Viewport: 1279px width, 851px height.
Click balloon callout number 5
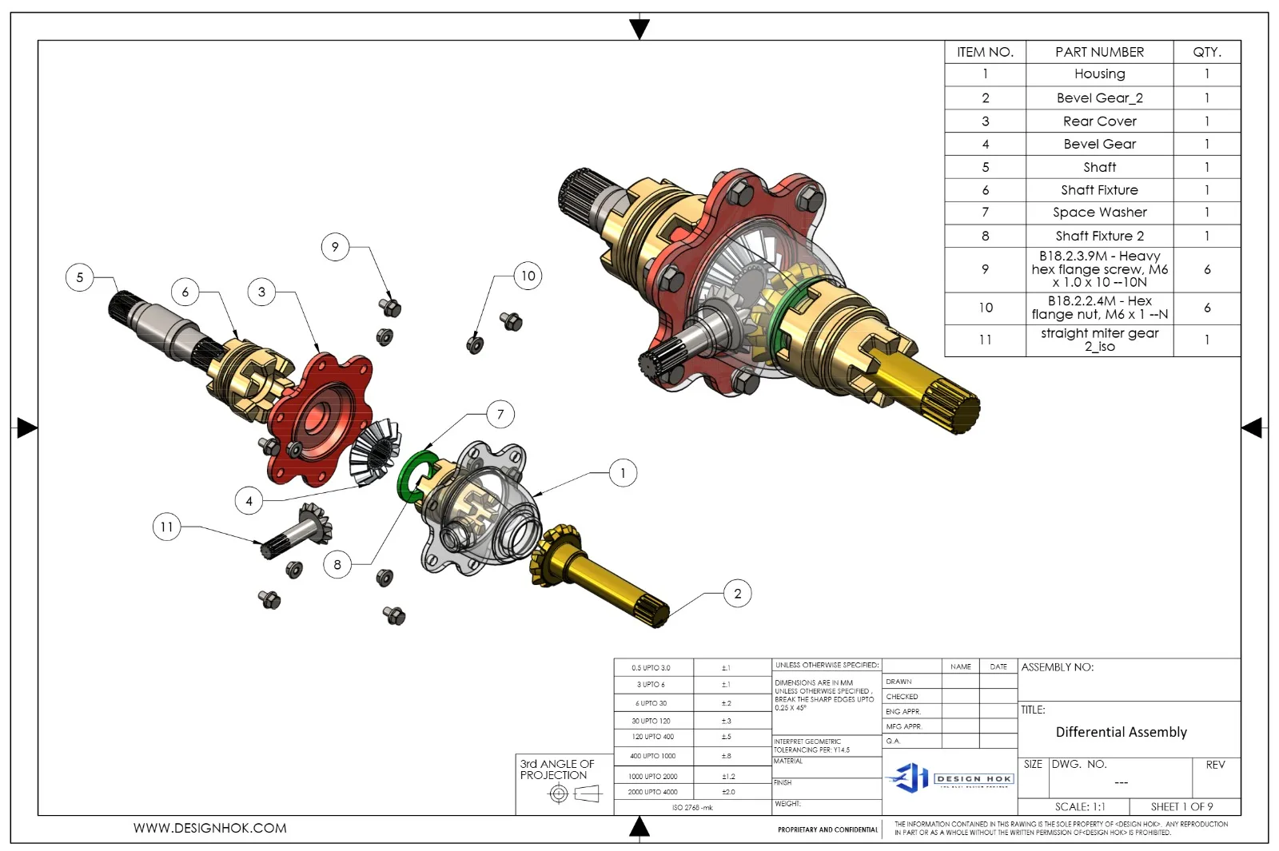pos(79,277)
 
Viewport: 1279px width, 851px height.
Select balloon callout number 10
pos(528,276)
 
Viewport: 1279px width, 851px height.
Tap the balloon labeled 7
pos(500,414)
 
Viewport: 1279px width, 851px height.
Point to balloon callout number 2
pos(737,594)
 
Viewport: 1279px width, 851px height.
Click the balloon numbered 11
pos(166,527)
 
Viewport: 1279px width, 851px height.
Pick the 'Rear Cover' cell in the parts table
pos(1099,121)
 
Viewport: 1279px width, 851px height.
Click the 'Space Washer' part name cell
pos(1099,213)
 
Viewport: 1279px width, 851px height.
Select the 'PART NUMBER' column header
pos(1099,52)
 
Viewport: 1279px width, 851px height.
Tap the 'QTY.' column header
pos(1206,52)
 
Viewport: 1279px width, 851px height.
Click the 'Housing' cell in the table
pos(1099,74)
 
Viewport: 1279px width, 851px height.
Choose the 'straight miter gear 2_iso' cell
pos(1099,340)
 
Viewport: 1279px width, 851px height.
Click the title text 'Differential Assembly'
pos(1121,732)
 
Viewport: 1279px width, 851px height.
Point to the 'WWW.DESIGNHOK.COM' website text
pos(209,829)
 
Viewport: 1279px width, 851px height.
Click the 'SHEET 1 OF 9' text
pos(1181,807)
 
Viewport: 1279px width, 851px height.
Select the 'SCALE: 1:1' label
pos(1079,807)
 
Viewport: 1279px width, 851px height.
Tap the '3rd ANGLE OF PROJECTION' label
pos(557,769)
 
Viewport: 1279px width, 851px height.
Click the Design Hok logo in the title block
pos(950,777)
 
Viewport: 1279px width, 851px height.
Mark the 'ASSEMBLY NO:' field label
pos(1057,667)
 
